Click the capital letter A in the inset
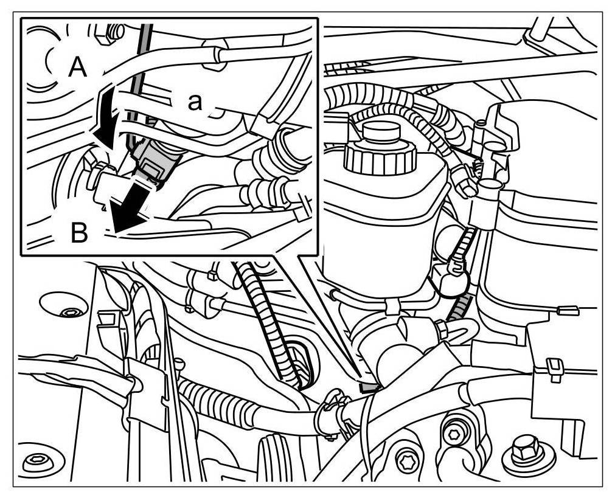77,67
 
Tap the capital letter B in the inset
79,233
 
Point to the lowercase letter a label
194,102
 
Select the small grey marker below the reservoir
368,386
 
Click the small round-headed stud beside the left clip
179,364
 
